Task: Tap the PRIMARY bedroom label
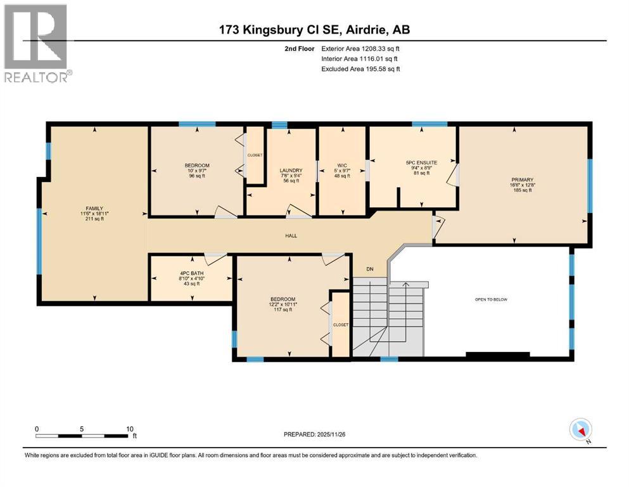coord(523,179)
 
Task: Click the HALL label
coord(291,236)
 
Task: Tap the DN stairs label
coord(371,269)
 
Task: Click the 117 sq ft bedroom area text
coord(283,310)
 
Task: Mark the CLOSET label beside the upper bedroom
coord(255,155)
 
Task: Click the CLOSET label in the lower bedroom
coord(341,325)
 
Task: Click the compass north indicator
coord(581,431)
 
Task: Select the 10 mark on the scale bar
coord(129,429)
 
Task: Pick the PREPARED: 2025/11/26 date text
coord(314,434)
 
